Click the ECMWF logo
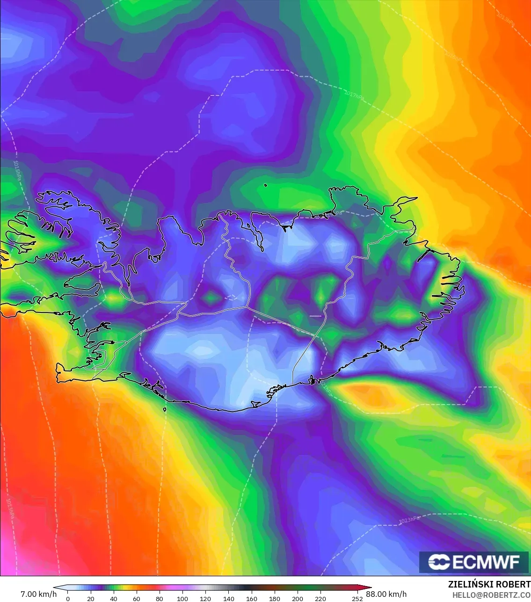click(x=474, y=562)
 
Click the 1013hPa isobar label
click(x=10, y=508)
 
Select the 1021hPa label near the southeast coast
click(x=326, y=388)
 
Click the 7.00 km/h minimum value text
click(x=38, y=594)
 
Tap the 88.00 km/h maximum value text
click(x=386, y=594)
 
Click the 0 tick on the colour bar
click(x=68, y=598)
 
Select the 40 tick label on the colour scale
click(x=113, y=598)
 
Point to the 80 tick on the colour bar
click(x=159, y=598)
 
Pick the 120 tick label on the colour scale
click(x=205, y=598)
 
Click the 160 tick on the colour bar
click(x=251, y=598)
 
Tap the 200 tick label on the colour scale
click(x=297, y=598)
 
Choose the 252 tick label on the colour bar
click(x=357, y=598)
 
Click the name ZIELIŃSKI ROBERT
click(x=489, y=584)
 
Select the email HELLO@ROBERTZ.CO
click(x=491, y=595)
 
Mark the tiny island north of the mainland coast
click(x=265, y=185)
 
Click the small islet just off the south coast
click(x=165, y=410)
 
